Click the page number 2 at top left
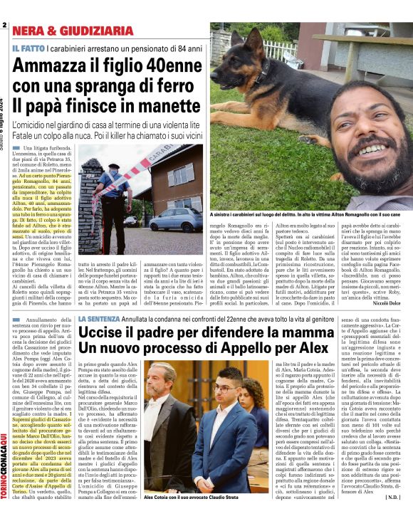coord(4,24)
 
